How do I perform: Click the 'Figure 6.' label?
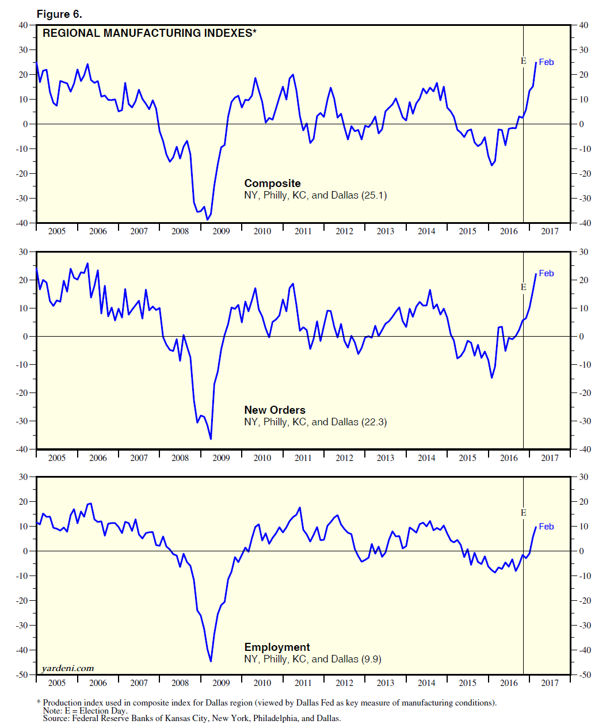pyautogui.click(x=59, y=14)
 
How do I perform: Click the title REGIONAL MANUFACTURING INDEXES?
pyautogui.click(x=149, y=33)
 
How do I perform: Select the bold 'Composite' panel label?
pyautogui.click(x=272, y=184)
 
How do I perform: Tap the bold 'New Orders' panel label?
pyautogui.click(x=274, y=410)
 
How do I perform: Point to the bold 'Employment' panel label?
pyautogui.click(x=277, y=647)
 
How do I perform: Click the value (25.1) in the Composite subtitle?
pyautogui.click(x=374, y=196)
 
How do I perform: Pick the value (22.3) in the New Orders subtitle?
pyautogui.click(x=374, y=422)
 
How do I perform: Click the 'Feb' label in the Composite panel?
pyautogui.click(x=546, y=62)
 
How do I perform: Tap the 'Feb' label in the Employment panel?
pyautogui.click(x=546, y=527)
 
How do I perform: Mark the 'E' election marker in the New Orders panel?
pyautogui.click(x=523, y=287)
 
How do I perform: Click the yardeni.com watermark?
pyautogui.click(x=68, y=669)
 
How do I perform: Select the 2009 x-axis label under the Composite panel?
pyautogui.click(x=221, y=231)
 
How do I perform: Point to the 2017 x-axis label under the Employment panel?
pyautogui.click(x=550, y=683)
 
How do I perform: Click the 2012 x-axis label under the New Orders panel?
pyautogui.click(x=344, y=458)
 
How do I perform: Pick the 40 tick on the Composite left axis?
pyautogui.click(x=23, y=25)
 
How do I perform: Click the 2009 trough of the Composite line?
pyautogui.click(x=207, y=220)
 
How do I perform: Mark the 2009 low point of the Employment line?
pyautogui.click(x=211, y=661)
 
